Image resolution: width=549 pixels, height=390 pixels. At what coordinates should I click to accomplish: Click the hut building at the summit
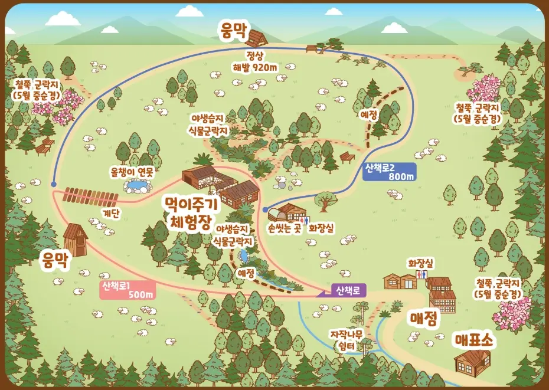pyautogui.click(x=256, y=38)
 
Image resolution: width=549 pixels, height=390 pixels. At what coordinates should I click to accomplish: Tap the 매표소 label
pyautogui.click(x=474, y=340)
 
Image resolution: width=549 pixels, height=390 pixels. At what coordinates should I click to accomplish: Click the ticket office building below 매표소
pyautogui.click(x=472, y=359)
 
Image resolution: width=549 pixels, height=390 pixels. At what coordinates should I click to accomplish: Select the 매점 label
pyautogui.click(x=424, y=319)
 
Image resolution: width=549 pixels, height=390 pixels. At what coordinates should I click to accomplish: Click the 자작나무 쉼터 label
pyautogui.click(x=347, y=340)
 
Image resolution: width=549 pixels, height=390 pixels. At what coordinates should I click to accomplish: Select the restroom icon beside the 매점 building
pyautogui.click(x=421, y=276)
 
